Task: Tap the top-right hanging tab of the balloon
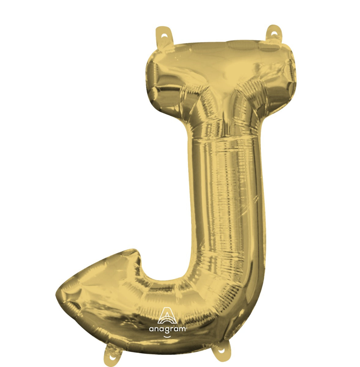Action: click(274, 35)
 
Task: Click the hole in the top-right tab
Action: click(274, 33)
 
